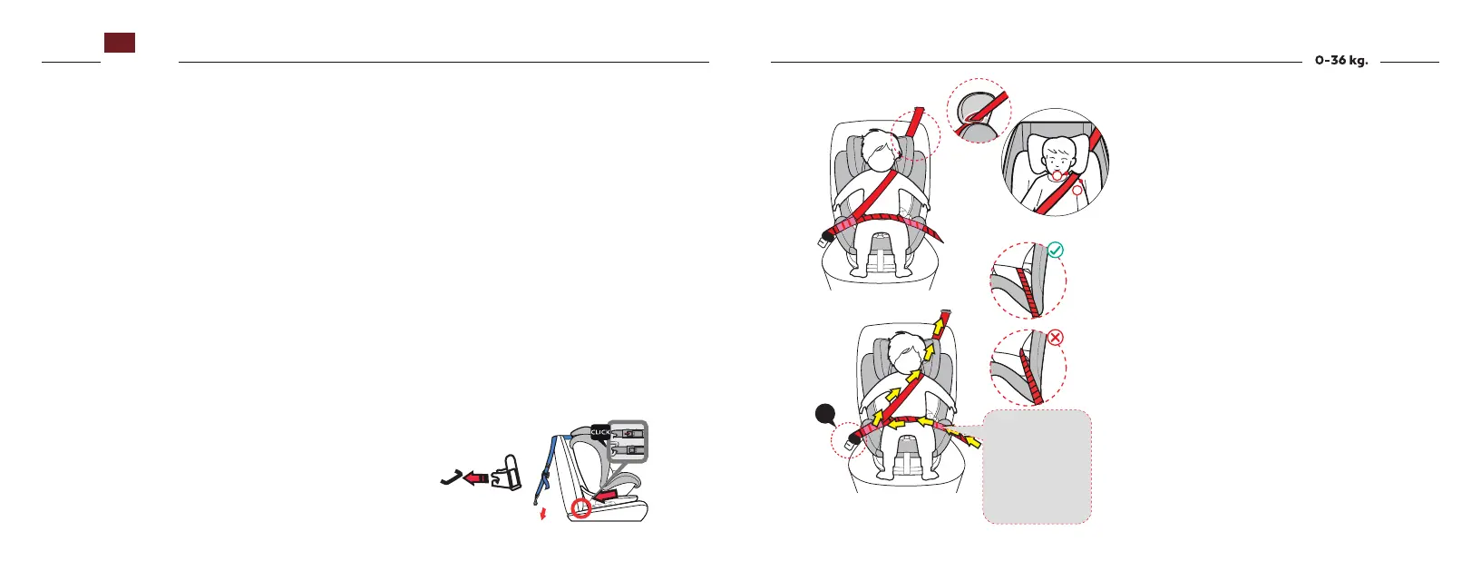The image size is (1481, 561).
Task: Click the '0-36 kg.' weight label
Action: click(1341, 62)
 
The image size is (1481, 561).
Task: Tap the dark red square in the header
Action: click(120, 43)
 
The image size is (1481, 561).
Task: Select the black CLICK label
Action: click(600, 433)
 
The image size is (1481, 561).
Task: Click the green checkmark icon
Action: click(1055, 251)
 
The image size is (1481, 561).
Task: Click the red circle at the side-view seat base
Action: click(581, 509)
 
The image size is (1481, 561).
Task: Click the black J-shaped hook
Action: click(451, 477)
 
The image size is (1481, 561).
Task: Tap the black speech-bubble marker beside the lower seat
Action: click(824, 415)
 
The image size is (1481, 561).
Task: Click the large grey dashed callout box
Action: click(1037, 467)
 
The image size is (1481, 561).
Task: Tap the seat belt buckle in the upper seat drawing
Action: click(828, 236)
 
